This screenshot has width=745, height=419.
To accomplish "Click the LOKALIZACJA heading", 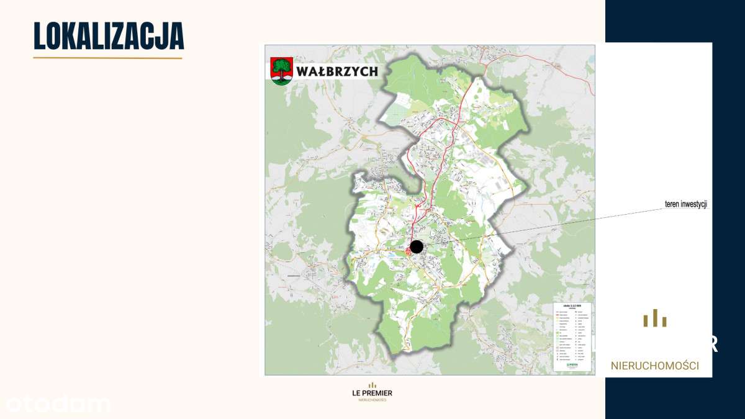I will (109, 36).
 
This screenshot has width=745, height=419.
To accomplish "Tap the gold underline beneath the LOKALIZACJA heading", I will (107, 58).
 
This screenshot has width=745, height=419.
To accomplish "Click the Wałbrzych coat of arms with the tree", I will (282, 71).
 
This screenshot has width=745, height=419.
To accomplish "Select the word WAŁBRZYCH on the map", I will (336, 71).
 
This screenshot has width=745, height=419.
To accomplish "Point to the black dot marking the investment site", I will (417, 247).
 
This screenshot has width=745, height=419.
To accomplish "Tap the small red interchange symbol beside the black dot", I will (407, 251).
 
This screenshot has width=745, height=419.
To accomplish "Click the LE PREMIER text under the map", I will (372, 393).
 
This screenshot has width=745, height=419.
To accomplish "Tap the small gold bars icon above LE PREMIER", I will (372, 385).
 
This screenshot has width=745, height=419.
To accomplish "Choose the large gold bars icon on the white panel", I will (655, 319).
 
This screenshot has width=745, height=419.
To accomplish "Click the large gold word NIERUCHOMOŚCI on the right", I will (655, 366).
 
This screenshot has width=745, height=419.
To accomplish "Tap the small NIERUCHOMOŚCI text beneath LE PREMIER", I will (372, 400).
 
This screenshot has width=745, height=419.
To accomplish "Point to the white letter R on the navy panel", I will (715, 344).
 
